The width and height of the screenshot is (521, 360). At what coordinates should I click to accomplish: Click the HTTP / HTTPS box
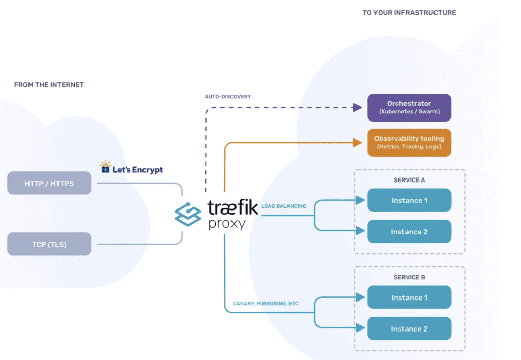pos(49,183)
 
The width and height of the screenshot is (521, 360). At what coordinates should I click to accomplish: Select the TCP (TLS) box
pos(49,244)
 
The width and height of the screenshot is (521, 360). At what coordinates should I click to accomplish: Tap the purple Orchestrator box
pos(409,107)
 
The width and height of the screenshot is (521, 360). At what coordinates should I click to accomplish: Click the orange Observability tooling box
pos(409,142)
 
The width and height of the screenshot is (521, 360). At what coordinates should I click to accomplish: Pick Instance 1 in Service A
pos(409,200)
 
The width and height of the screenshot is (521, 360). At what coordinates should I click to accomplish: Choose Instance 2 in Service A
pos(409,232)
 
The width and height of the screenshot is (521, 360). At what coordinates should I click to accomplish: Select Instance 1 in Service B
pos(409,297)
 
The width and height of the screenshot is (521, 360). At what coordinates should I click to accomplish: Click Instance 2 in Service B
pos(409,329)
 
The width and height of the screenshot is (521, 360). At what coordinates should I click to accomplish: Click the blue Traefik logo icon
pos(188,214)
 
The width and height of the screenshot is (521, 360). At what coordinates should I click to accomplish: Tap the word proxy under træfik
pos(226,224)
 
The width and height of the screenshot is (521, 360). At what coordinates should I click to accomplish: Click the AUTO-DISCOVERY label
pos(228,97)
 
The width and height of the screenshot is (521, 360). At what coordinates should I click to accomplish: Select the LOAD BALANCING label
pos(284,206)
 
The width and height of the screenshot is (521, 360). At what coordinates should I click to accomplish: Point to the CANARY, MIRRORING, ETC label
pos(266,304)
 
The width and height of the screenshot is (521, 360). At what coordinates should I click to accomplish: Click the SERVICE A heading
pos(409,180)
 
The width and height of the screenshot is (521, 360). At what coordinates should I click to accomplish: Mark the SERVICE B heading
pos(409,277)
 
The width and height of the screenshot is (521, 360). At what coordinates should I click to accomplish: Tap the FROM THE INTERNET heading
pos(49,85)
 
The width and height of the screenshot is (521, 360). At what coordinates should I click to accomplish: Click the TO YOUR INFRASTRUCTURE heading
pos(409,13)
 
